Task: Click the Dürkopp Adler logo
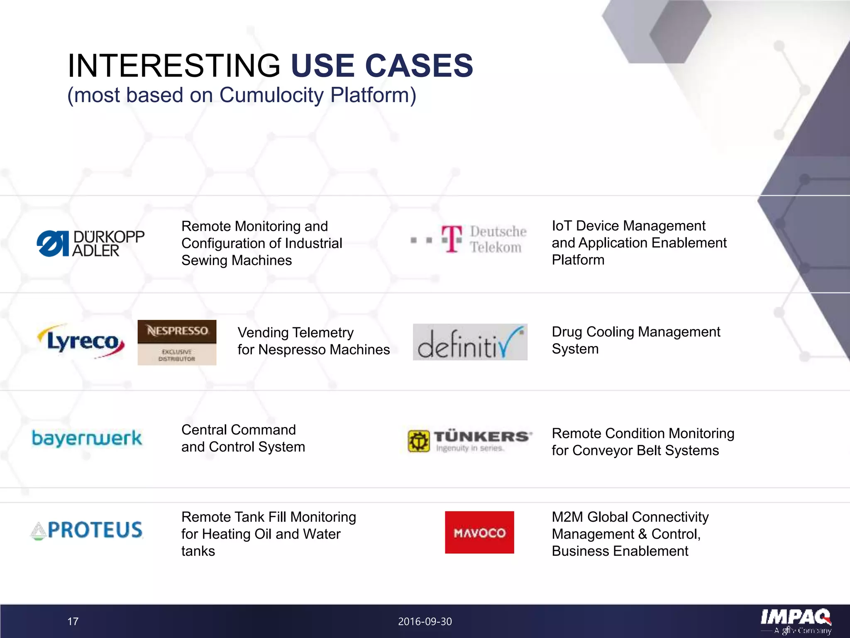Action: (90, 243)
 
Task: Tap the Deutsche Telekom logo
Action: (469, 239)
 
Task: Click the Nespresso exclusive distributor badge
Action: (177, 343)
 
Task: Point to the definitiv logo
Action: (470, 342)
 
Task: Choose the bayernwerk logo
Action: (87, 439)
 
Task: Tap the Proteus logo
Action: (87, 530)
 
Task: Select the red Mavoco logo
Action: (479, 532)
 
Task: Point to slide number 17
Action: (73, 621)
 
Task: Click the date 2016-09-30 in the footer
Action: (425, 621)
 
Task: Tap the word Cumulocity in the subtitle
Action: (271, 95)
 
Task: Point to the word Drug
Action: (567, 332)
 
